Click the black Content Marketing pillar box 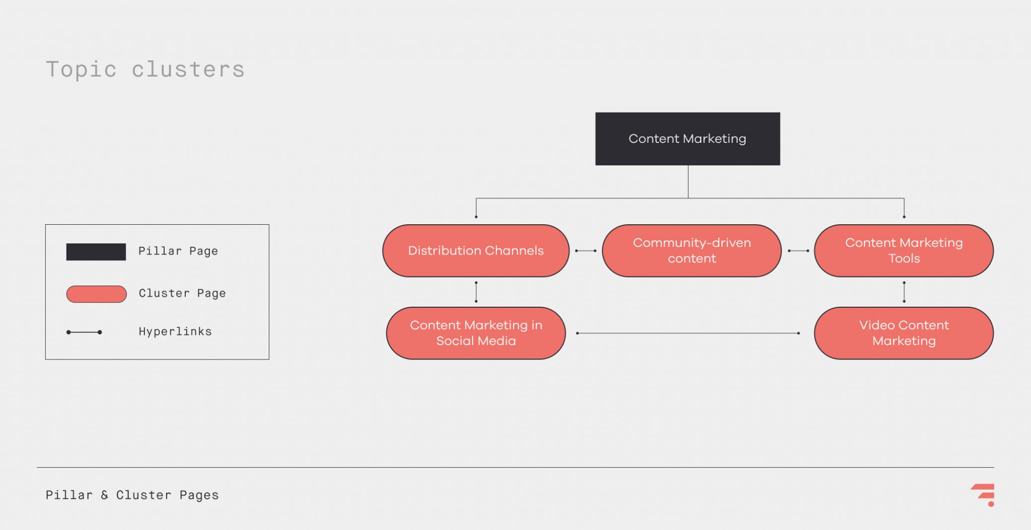point(687,139)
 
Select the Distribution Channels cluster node point(476,250)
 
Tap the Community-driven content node point(691,250)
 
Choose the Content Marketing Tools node point(904,250)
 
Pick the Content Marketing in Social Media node point(476,333)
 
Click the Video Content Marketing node point(904,333)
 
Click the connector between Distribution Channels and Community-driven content point(585,250)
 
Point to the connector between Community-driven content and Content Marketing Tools point(798,250)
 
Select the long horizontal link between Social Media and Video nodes point(688,333)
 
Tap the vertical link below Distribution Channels point(476,292)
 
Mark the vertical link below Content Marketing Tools point(904,292)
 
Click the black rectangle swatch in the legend point(96,251)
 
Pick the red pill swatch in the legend point(96,294)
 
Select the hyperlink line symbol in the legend point(84,332)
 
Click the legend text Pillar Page point(178,251)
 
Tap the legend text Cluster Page point(182,293)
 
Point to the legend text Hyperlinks point(175,331)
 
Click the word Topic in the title point(81,69)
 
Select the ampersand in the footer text point(105,495)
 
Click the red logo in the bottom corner point(984,494)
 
